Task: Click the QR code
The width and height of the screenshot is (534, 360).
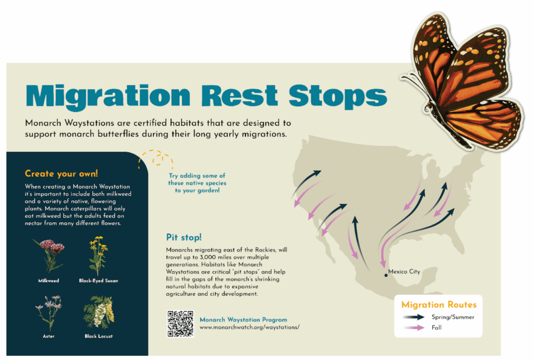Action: coord(180,323)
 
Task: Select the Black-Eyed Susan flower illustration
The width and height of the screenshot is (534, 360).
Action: coord(98,256)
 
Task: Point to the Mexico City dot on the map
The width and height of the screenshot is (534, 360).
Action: coord(386,275)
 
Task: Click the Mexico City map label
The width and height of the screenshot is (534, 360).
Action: coord(404,271)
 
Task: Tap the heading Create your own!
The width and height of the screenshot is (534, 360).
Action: coord(62,174)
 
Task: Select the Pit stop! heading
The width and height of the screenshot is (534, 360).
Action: coord(184,237)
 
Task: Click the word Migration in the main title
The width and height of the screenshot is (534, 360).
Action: coord(108,97)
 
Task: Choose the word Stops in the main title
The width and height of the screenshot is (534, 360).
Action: coord(338,97)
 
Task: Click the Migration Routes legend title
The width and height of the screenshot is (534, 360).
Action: coord(439,305)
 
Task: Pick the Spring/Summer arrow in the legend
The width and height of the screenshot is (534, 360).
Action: coord(414,317)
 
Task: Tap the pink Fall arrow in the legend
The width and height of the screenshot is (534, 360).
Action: coord(414,328)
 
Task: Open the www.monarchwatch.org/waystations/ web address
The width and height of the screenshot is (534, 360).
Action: coord(250,327)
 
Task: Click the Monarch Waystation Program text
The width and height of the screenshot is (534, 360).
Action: coord(244,319)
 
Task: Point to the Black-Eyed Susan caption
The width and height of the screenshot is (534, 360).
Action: coord(99,281)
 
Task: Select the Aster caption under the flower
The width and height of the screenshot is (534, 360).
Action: coord(48,336)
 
